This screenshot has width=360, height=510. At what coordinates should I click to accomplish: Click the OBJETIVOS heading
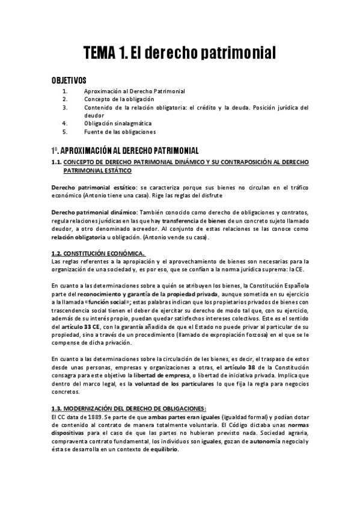point(69,80)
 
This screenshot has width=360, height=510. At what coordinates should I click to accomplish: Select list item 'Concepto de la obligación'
point(119,99)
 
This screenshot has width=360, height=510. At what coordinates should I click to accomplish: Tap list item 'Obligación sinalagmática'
point(118,123)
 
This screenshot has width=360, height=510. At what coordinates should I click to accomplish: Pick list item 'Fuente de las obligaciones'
point(120,132)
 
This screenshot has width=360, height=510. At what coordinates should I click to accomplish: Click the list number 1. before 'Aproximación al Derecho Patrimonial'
point(66,91)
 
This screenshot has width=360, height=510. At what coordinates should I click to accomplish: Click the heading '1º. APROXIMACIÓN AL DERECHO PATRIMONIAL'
point(124,150)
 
